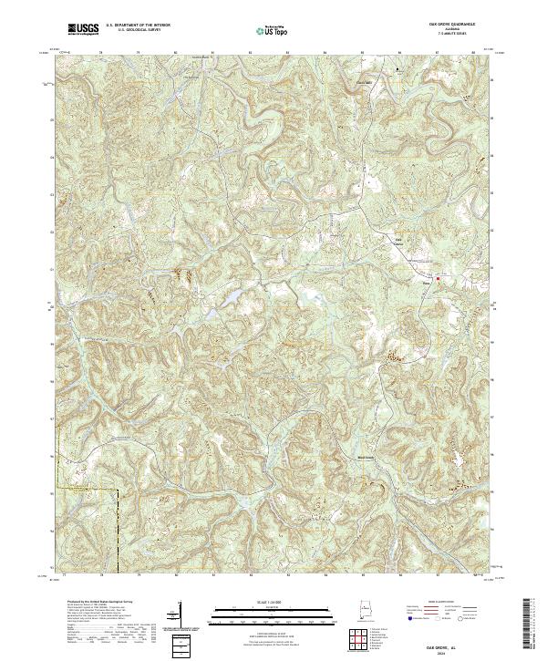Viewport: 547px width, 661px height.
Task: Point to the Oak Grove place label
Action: click(x=398, y=242)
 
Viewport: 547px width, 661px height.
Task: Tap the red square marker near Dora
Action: click(x=438, y=278)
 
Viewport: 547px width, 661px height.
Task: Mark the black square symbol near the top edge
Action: click(x=397, y=68)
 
